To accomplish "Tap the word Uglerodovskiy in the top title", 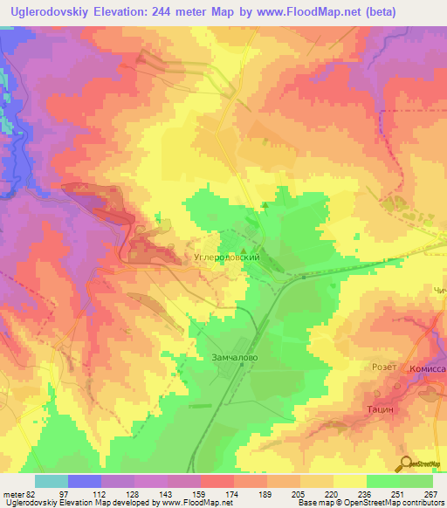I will (x=51, y=12).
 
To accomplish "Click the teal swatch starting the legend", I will (x=52, y=480).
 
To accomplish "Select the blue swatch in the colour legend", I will (x=85, y=480).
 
